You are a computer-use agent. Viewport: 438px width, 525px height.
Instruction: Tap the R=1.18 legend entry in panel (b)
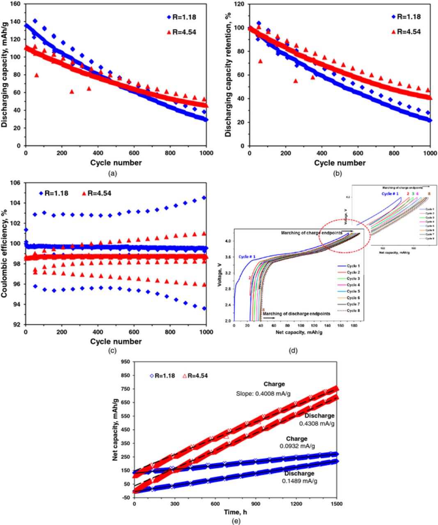(406, 17)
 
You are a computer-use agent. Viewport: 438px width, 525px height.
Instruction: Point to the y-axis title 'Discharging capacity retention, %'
(228, 75)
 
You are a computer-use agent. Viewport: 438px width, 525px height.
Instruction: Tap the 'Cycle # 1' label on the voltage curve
(248, 256)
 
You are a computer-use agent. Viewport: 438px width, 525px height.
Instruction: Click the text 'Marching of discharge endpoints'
(296, 314)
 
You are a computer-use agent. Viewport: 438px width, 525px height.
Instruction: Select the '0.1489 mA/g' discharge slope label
(300, 481)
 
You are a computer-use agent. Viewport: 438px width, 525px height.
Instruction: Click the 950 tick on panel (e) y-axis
(125, 362)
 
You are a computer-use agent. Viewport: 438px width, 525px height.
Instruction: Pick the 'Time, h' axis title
(236, 512)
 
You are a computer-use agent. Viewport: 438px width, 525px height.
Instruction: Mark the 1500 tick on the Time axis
(337, 504)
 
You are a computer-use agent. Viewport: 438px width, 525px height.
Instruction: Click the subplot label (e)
(236, 521)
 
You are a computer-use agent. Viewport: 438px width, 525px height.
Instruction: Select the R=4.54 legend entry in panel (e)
(195, 375)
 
